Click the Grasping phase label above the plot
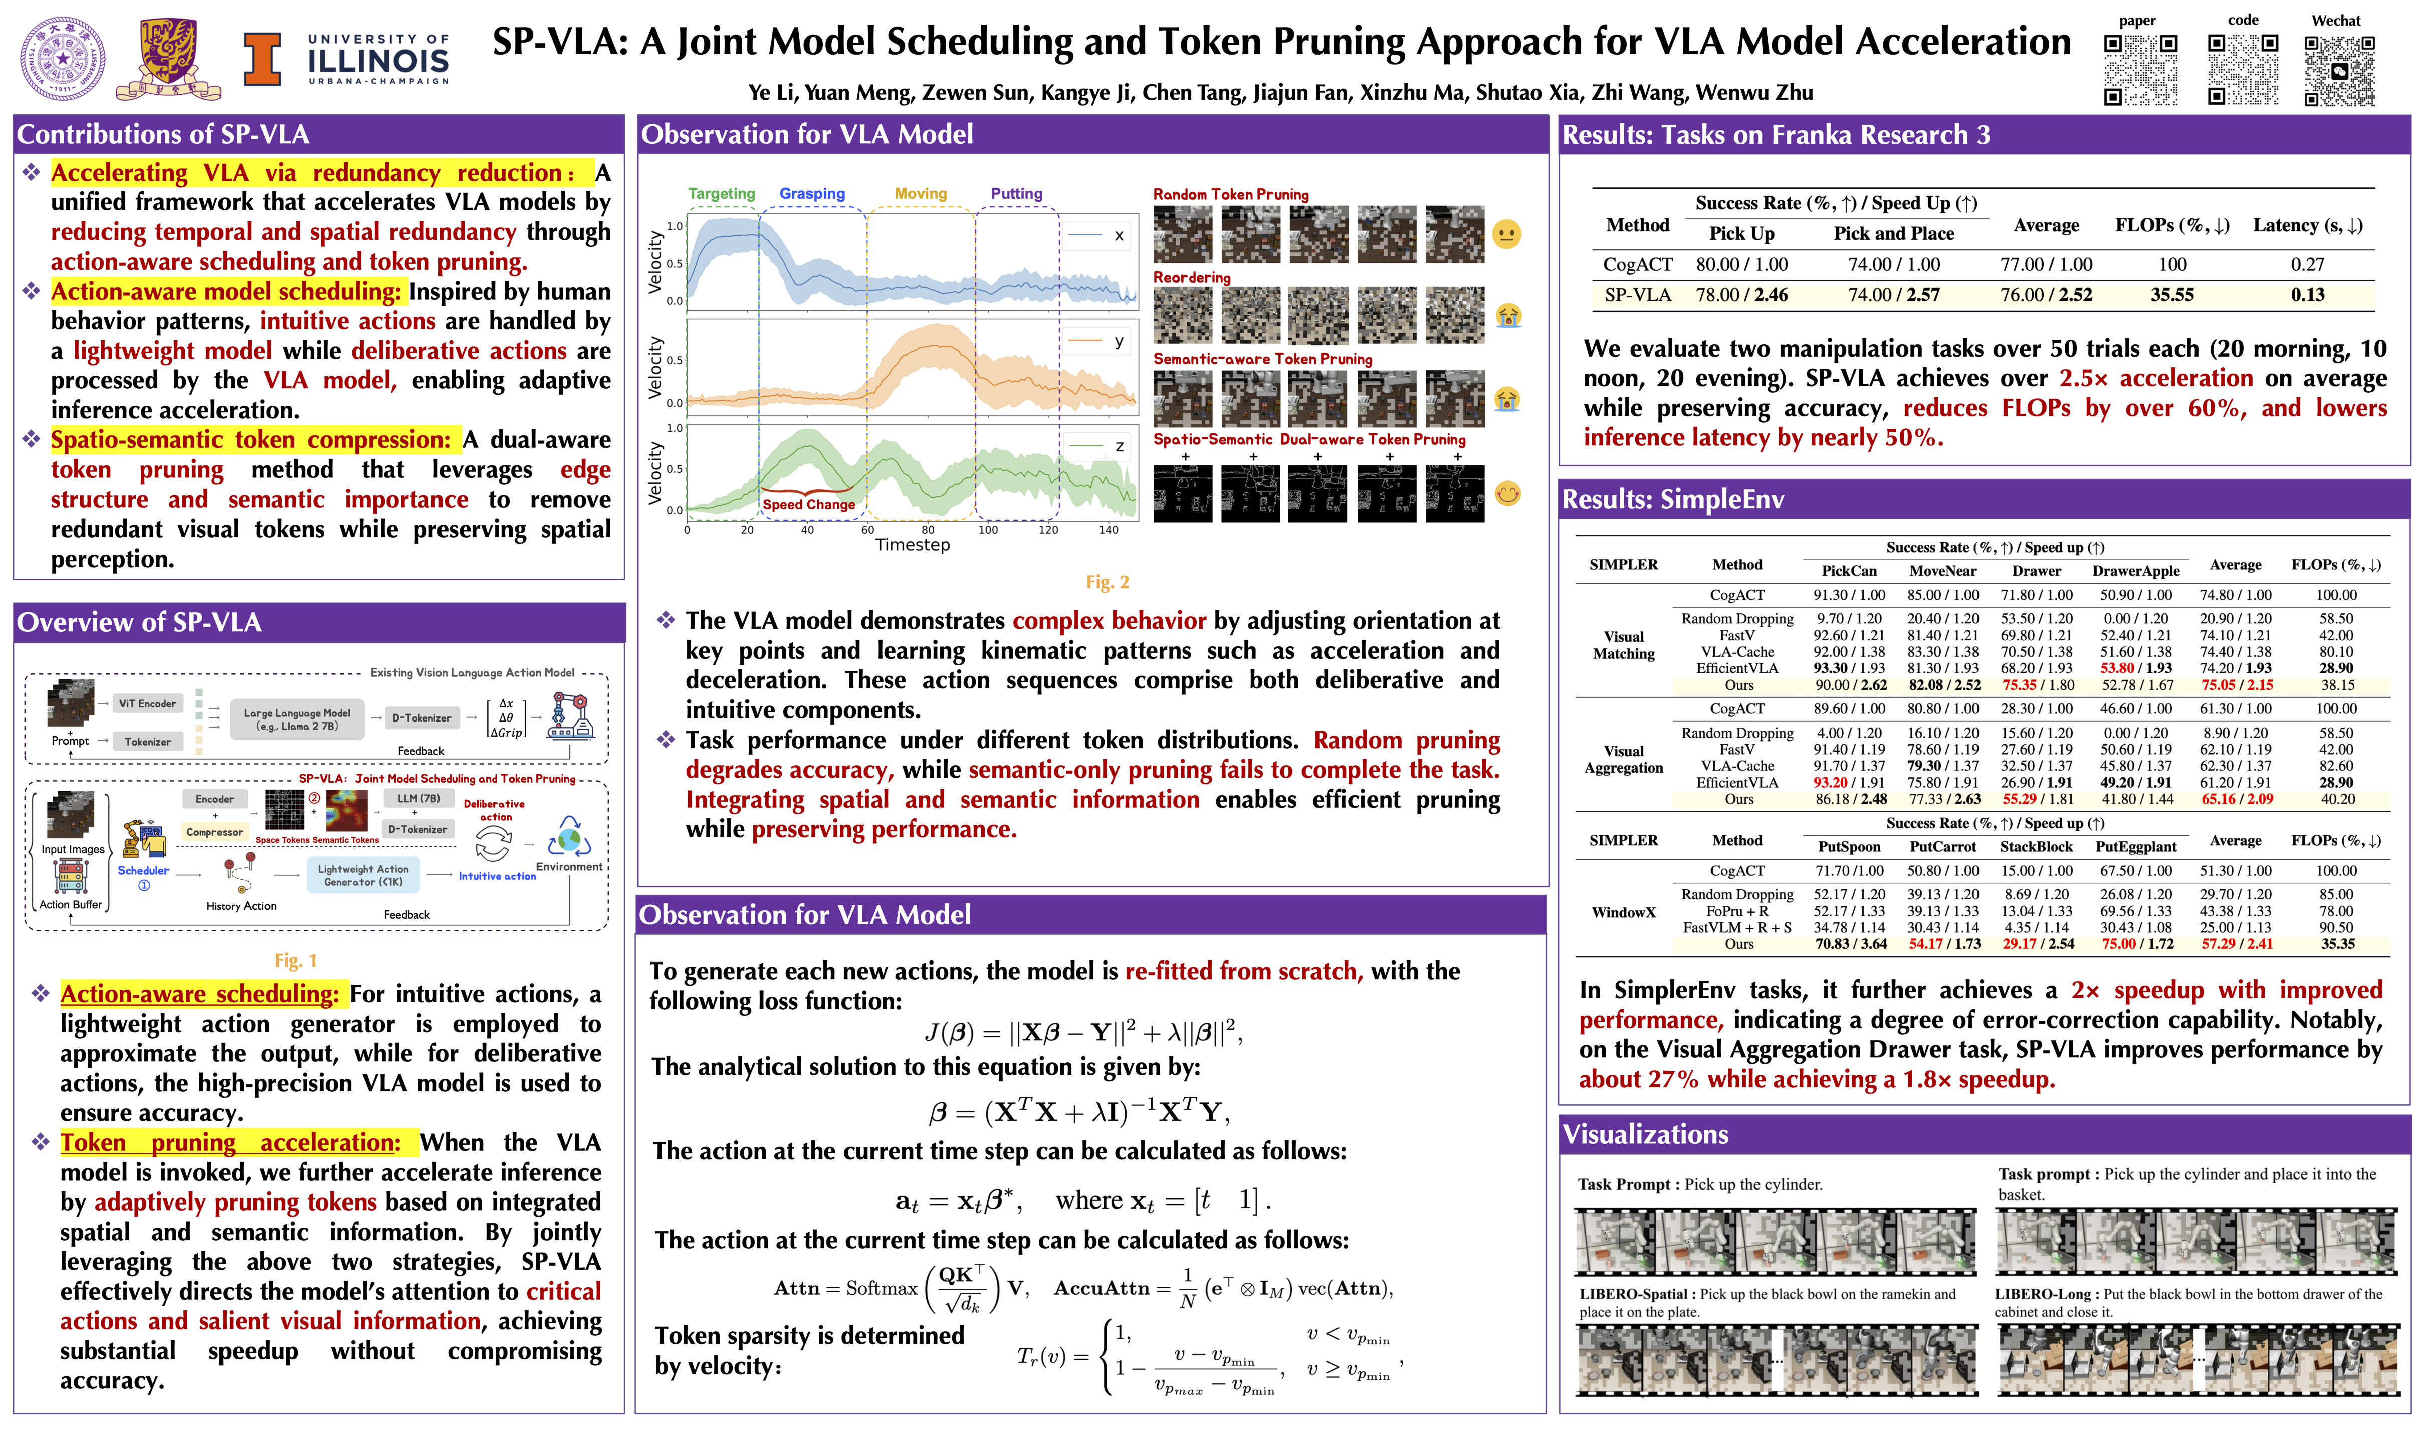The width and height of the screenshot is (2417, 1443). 812,193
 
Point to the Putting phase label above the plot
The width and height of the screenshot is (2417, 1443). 1016,193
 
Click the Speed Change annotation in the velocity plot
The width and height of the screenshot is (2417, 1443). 808,504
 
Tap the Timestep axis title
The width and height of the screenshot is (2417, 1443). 912,545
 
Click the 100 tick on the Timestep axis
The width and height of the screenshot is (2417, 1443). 987,530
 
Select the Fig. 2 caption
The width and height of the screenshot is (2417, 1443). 1107,582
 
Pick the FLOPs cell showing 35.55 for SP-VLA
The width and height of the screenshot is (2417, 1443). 2171,295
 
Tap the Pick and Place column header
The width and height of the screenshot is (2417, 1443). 1893,233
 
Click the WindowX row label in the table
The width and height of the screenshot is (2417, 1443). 1623,912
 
